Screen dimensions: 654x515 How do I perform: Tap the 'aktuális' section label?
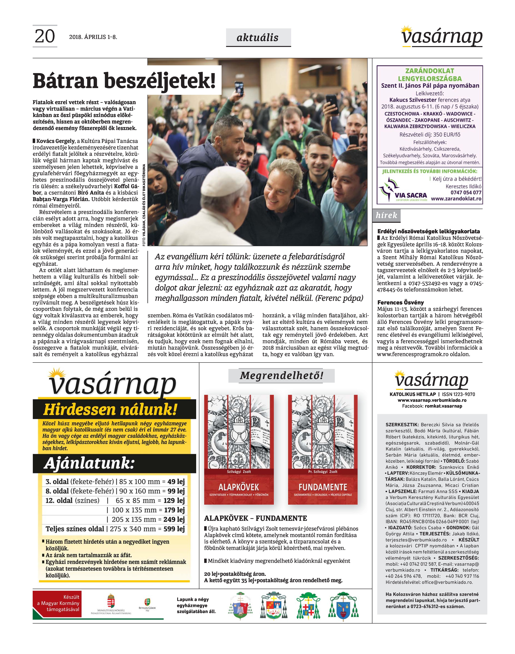point(258,38)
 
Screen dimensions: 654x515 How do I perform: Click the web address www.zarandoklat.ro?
point(456,199)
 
